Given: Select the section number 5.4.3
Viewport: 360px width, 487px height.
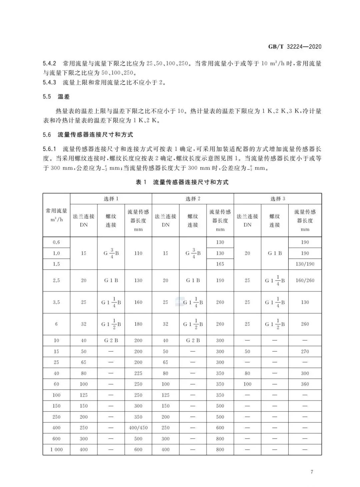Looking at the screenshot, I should coord(49,82).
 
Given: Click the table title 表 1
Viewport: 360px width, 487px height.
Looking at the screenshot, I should coord(141,182).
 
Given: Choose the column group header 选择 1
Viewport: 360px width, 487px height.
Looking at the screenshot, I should coord(111,199).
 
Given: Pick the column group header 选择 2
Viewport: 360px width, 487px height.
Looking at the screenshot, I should coord(193,199).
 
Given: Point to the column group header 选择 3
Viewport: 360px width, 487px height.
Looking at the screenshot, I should coord(278,199).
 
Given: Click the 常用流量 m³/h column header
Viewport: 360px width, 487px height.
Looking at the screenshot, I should coord(56,215).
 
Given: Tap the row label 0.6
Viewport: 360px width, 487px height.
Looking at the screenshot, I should coord(56,242).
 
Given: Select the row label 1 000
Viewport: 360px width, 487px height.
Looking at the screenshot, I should coord(56,449).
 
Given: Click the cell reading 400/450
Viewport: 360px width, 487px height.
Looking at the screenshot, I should coord(138,428).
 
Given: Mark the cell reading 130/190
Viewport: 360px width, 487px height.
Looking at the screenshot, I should coord(305,264).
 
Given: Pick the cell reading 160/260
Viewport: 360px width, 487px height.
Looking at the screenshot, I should coord(305,280).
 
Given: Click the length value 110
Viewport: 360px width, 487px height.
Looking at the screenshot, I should coord(138,253).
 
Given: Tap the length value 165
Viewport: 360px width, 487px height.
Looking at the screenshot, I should coord(220,264).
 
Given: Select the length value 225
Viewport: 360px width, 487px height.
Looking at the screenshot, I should coord(138,373).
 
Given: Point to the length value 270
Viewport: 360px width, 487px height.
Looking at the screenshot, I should coord(305,351).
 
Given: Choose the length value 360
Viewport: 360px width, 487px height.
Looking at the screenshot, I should coord(305,384).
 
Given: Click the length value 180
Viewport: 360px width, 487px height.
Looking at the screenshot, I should coord(138,324).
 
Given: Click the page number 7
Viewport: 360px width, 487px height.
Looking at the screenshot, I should coord(312,472).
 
